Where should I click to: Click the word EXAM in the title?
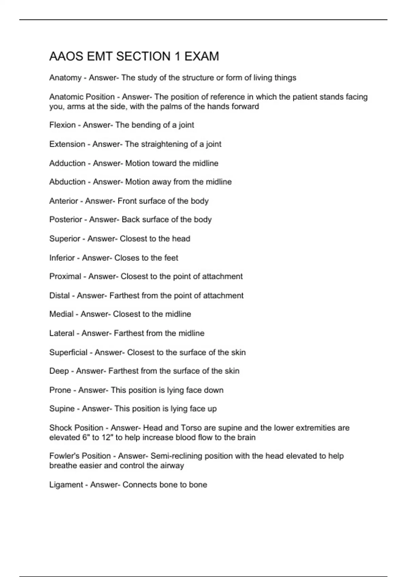point(201,56)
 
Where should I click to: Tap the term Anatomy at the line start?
point(65,78)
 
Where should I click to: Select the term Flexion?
point(62,125)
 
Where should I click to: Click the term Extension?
point(67,144)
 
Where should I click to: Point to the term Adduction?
point(67,163)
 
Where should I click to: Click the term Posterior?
point(65,220)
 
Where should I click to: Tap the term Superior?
point(64,239)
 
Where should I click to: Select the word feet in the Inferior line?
point(171,258)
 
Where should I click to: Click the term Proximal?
point(65,277)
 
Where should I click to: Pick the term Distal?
point(59,296)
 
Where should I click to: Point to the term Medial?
point(61,314)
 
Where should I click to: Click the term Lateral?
point(62,333)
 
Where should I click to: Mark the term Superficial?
point(68,352)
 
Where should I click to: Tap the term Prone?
point(60,390)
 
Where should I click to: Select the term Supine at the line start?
point(62,409)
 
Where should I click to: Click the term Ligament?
point(66,485)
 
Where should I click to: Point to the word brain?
point(246,438)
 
